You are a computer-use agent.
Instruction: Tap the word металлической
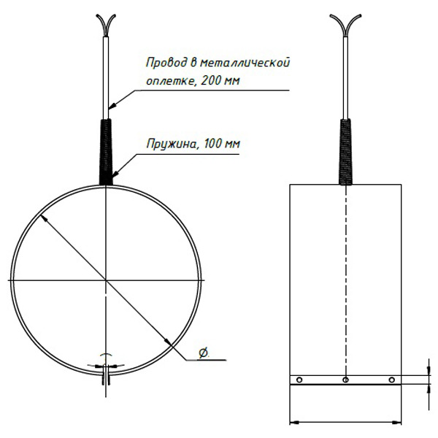coord(245,63)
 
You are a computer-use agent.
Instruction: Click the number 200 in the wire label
coord(210,80)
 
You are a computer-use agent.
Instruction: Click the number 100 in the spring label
coord(213,144)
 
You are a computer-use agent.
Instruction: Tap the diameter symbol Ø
coord(204,353)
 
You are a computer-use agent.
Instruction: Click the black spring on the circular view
coord(106,152)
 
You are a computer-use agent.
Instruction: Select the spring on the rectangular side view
coord(346,152)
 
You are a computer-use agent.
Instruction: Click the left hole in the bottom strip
coord(299,380)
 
